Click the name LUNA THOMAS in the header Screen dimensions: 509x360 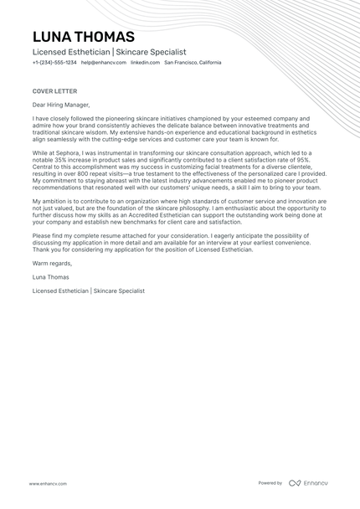tap(83, 37)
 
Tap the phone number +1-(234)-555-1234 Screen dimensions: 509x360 tap(54, 63)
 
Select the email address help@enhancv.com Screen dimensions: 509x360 tap(104, 63)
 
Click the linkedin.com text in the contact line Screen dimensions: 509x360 tap(145, 63)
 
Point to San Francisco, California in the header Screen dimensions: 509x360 tap(193, 63)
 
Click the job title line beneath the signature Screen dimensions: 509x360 tap(89, 290)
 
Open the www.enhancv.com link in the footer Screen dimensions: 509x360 tap(49, 484)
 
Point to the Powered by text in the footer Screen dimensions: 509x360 tap(270, 483)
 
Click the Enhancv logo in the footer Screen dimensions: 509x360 tap(310, 483)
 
